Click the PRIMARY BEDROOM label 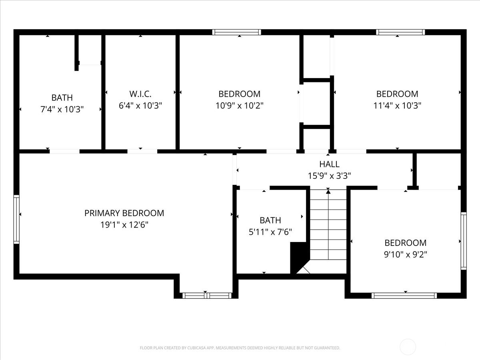click(124, 213)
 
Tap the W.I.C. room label click(140, 94)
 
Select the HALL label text click(329, 164)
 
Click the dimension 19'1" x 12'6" click(124, 225)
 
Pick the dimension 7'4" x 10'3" click(62, 109)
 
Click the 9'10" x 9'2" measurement click(405, 254)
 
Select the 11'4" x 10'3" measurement click(397, 106)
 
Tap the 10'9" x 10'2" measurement click(239, 106)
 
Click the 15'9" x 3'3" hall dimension click(329, 175)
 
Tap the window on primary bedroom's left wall click(16, 219)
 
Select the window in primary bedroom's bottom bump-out click(207, 296)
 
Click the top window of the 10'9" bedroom click(236, 32)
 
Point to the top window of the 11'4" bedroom click(400, 32)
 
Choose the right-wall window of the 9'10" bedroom click(463, 240)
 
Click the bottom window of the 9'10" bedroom click(404, 296)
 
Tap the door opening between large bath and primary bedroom click(64, 151)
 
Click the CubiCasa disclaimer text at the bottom click(240, 348)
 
